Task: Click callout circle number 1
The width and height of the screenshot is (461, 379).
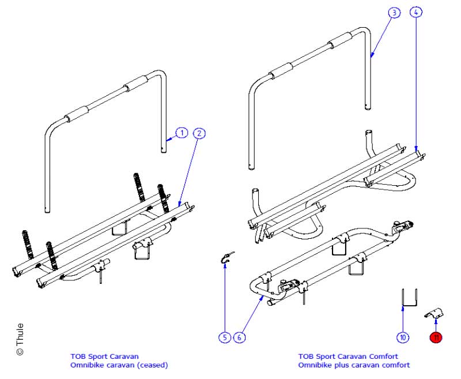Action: point(182,133)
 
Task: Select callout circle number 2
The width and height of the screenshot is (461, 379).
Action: point(199,133)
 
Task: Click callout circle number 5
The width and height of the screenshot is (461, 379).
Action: point(224,337)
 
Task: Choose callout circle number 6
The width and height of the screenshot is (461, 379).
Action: point(239,337)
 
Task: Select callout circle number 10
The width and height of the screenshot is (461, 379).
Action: point(403,337)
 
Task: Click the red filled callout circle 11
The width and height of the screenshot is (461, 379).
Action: point(436,337)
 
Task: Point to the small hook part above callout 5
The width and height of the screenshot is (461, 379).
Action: point(228,260)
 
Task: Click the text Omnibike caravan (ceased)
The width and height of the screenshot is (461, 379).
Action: point(119,365)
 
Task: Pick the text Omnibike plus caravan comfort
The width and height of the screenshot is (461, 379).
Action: point(354,365)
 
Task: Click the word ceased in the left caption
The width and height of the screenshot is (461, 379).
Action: point(155,365)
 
